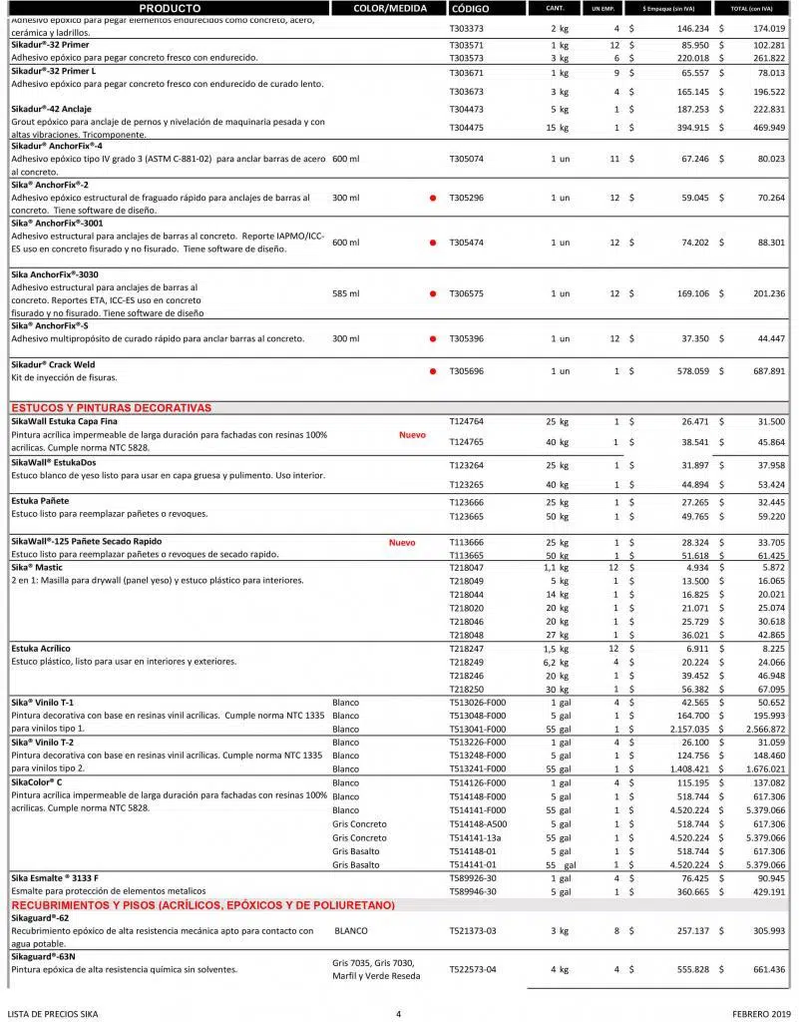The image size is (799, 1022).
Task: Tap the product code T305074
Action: (466, 159)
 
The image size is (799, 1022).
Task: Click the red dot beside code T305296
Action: (432, 198)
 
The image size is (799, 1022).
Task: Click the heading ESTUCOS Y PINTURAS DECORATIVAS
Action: (111, 408)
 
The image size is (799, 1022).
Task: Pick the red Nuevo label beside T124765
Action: (412, 435)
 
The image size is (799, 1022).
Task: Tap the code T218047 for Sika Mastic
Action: (466, 567)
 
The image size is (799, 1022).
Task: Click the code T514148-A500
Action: (478, 824)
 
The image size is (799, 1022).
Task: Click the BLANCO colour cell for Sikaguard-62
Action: (351, 930)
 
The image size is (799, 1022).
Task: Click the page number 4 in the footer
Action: (398, 1014)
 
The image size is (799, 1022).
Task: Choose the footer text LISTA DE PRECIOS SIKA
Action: (53, 1014)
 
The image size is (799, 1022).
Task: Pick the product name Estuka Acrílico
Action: (41, 649)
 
